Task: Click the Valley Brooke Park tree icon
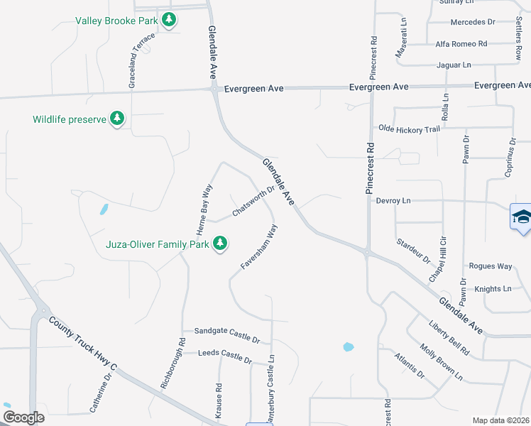[169, 19]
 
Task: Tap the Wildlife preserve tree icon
[117, 119]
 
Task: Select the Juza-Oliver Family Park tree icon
[220, 244]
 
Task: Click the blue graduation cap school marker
[521, 217]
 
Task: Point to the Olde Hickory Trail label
[409, 129]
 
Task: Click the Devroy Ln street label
[393, 201]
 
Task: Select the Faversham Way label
[258, 246]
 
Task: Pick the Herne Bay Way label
[204, 209]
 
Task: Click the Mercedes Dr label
[472, 22]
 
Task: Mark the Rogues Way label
[490, 266]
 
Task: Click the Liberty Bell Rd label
[449, 338]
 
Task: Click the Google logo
[23, 417]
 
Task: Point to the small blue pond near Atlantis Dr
[348, 347]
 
